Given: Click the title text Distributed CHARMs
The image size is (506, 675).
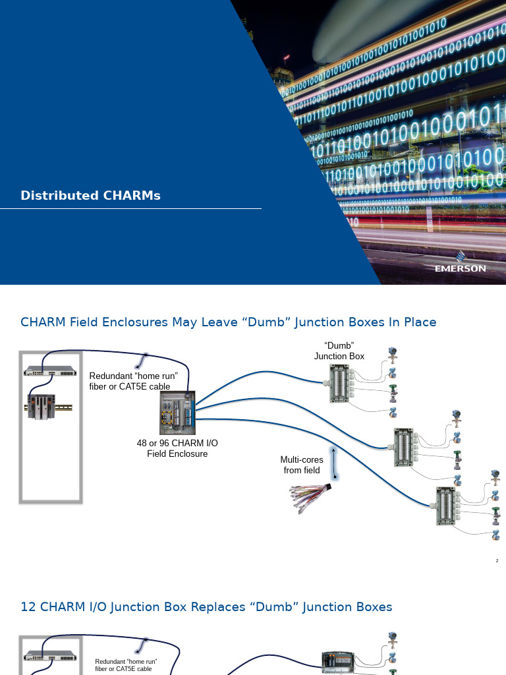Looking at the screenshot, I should click(x=90, y=196).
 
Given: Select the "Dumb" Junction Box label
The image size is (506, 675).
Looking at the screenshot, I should click(x=339, y=351).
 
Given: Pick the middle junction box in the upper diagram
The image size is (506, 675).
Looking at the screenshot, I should click(x=405, y=447).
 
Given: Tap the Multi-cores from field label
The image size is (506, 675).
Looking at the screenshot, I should click(x=302, y=465).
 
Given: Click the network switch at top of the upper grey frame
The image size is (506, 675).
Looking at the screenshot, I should click(x=51, y=370).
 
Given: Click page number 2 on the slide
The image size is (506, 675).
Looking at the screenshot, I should click(x=497, y=561).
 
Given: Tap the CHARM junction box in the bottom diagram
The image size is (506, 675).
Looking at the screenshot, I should click(x=338, y=662).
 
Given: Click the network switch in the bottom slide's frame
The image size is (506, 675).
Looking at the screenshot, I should click(x=51, y=655).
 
